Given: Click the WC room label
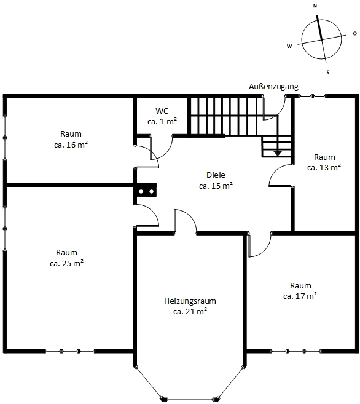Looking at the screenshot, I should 162,111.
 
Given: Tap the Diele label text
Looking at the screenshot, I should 216,175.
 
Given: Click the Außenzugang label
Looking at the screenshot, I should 273,87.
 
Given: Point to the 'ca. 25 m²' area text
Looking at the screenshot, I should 66,263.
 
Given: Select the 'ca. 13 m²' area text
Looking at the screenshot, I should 324,167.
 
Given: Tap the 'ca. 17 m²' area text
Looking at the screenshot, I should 300,296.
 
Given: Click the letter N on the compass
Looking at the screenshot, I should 315,6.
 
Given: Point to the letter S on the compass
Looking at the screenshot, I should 328,72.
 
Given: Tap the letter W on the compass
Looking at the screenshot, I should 289,46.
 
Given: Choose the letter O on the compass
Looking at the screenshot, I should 354,33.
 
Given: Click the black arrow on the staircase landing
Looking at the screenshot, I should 278,151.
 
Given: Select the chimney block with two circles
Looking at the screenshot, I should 146,191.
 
